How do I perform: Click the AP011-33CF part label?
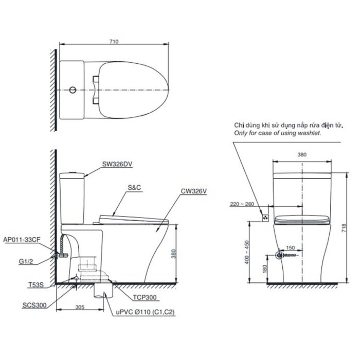tap(21, 240)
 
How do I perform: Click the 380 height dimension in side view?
tap(181, 254)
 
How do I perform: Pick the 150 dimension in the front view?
tap(291, 248)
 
